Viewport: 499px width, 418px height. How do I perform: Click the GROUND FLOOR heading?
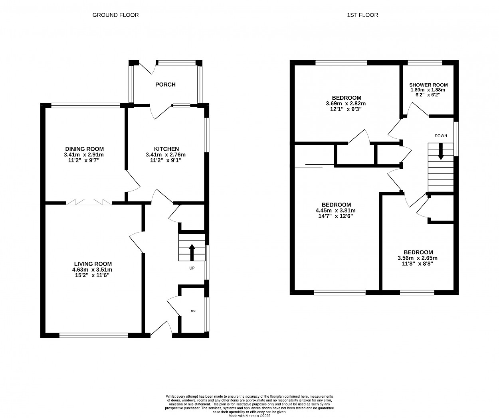tap(115, 15)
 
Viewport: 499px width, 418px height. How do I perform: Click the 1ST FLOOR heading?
tap(362, 15)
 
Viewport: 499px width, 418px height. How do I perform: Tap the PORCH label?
tap(165, 85)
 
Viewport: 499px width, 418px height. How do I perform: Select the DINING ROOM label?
tap(85, 149)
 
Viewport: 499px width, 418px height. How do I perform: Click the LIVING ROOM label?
tap(93, 264)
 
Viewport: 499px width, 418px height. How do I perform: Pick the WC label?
tap(193, 311)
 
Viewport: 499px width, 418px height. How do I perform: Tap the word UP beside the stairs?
tap(192, 268)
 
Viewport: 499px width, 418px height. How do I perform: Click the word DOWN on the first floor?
tap(441, 136)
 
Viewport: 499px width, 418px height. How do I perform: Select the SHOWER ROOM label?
tap(428, 85)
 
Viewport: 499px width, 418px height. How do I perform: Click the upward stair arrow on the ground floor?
tap(192, 252)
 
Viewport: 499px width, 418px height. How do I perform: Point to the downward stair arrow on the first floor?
tap(441, 152)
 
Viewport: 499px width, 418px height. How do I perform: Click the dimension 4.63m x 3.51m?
tap(92, 270)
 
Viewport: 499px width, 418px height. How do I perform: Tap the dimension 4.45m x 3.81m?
tap(336, 211)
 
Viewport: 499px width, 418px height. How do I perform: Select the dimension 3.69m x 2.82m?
tap(346, 104)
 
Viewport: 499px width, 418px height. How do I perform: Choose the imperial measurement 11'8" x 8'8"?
tap(418, 264)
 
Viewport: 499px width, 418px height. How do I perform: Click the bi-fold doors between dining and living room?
tap(89, 202)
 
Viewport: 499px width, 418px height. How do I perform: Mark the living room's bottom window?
tap(94, 335)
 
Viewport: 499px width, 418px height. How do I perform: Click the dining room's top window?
tap(85, 105)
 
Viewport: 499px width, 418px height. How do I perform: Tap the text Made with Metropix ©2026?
tap(249, 416)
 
